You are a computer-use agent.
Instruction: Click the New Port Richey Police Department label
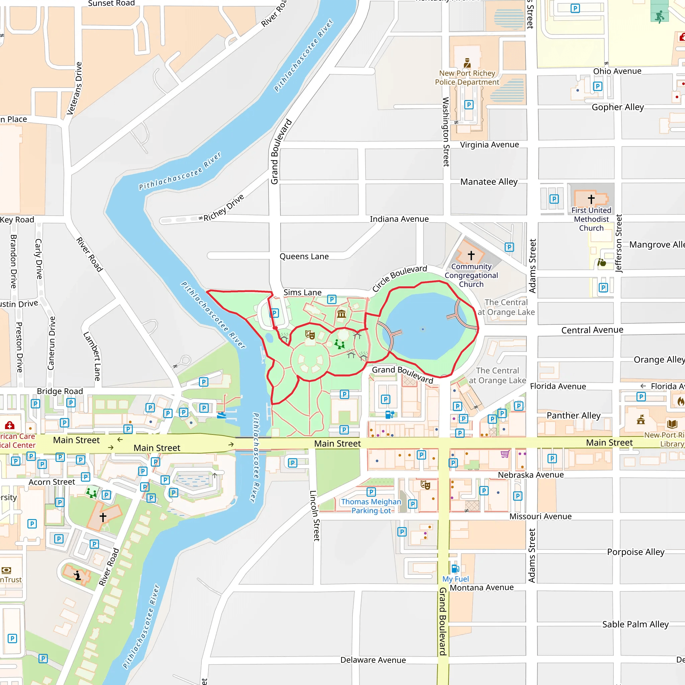coord(467,78)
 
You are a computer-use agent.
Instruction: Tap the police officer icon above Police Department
coord(467,63)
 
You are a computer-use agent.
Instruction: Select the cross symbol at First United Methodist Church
coord(591,199)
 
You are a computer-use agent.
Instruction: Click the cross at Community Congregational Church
coord(471,255)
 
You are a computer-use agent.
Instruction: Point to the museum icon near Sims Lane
coord(341,314)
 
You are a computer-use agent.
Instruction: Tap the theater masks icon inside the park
coord(310,334)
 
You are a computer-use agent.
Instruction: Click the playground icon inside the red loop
coord(339,344)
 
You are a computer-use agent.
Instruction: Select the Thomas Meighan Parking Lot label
coord(371,506)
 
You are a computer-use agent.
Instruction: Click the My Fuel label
coord(455,579)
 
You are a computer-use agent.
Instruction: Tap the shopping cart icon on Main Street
coord(505,454)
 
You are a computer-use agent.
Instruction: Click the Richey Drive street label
coord(223,208)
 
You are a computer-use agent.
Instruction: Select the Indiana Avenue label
coord(399,219)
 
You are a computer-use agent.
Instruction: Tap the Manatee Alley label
coord(489,182)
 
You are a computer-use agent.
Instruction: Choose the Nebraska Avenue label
coord(530,475)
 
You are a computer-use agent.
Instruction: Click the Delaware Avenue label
coord(373,660)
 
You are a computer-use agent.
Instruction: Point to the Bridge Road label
coord(60,391)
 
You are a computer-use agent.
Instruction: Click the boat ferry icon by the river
coord(222,415)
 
